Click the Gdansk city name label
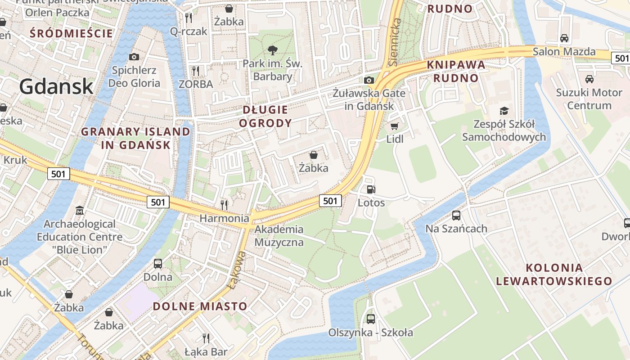click(x=56, y=86)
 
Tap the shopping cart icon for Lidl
click(x=395, y=126)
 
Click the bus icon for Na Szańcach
click(x=456, y=215)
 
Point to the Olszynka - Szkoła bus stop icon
click(x=370, y=319)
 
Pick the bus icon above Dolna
click(x=158, y=263)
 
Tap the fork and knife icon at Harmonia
click(x=224, y=205)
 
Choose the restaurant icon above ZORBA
click(x=196, y=71)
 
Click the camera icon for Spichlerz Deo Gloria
click(x=134, y=57)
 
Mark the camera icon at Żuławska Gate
click(x=369, y=80)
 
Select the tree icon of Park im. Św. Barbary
click(x=272, y=50)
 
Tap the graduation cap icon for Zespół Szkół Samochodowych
click(x=504, y=111)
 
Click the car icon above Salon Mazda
click(x=564, y=38)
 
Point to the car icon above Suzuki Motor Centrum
click(x=589, y=79)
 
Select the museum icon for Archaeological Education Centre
click(x=80, y=210)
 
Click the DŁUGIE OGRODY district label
click(x=265, y=116)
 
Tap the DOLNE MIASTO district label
click(x=200, y=306)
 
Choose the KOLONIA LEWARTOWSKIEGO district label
click(x=554, y=274)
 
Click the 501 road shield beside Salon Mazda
click(x=621, y=58)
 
